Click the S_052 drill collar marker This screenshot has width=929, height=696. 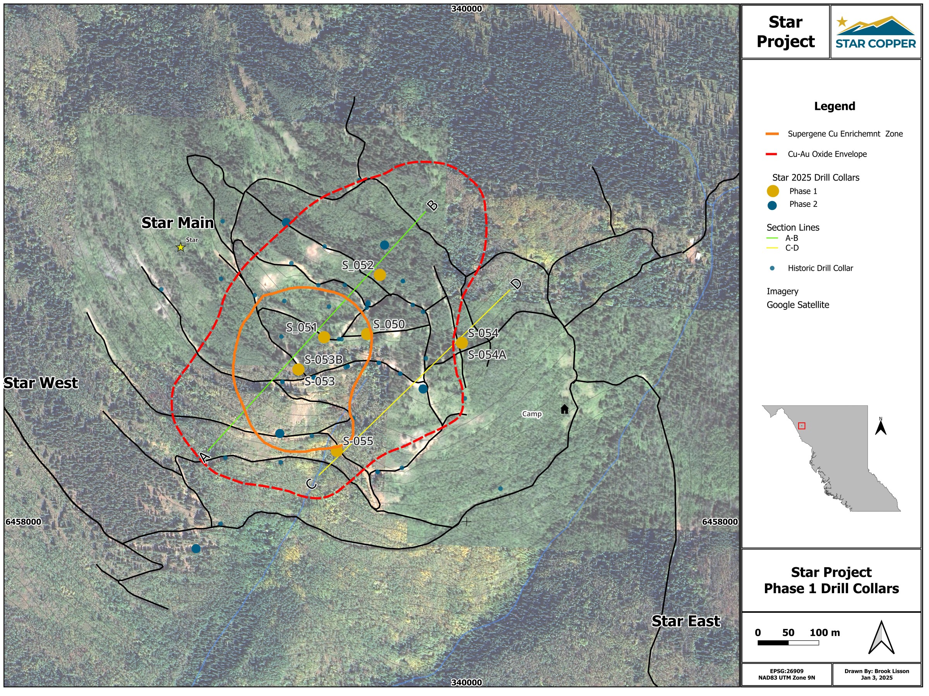point(380,275)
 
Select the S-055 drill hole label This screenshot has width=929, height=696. point(358,441)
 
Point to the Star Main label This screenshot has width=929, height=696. point(178,223)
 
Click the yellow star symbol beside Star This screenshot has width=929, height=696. point(181,247)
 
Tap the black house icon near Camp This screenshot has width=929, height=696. point(564,409)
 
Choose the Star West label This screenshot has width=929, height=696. point(41,383)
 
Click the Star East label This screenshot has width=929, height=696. point(686,621)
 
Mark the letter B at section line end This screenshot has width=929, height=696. point(432,205)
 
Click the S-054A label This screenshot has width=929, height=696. point(487,355)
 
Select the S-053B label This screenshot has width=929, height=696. point(323,360)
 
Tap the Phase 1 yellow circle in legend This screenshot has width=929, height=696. point(773,191)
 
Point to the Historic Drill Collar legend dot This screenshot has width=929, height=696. point(772,268)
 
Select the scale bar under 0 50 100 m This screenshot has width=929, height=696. point(788,643)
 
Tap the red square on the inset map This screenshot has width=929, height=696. point(802,426)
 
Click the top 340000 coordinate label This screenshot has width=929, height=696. point(466,9)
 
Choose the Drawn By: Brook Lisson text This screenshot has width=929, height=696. point(876,671)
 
